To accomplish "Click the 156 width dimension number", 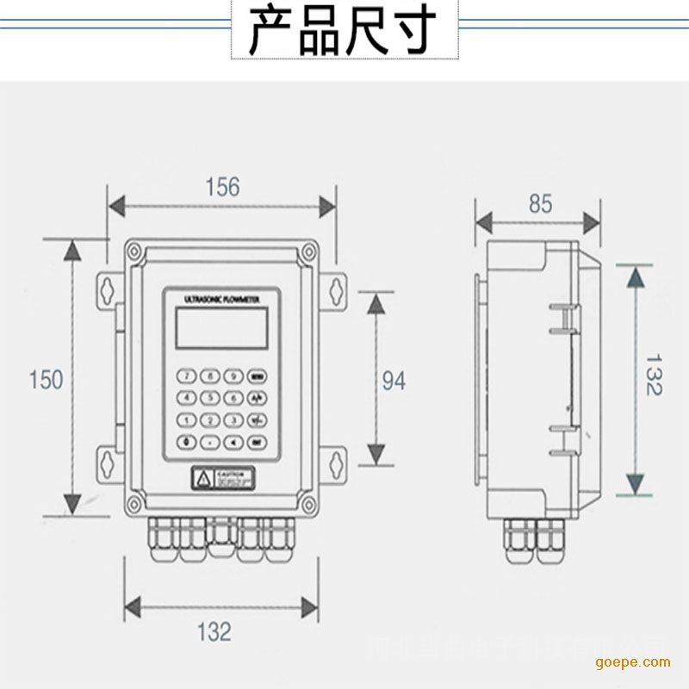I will tap(222, 186).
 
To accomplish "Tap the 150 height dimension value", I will tap(46, 379).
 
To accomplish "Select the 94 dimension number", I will tap(394, 380).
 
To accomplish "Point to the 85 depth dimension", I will tap(540, 204).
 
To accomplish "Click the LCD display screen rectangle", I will tap(220, 326).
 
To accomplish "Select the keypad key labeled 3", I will tap(232, 419).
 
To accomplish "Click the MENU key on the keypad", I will tap(256, 376).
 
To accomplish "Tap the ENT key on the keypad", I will tap(256, 442).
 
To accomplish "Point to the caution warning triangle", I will tap(202, 478).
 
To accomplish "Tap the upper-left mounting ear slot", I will tap(107, 289).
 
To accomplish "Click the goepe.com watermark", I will tap(632, 661).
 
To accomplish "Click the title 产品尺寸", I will tap(344, 31).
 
